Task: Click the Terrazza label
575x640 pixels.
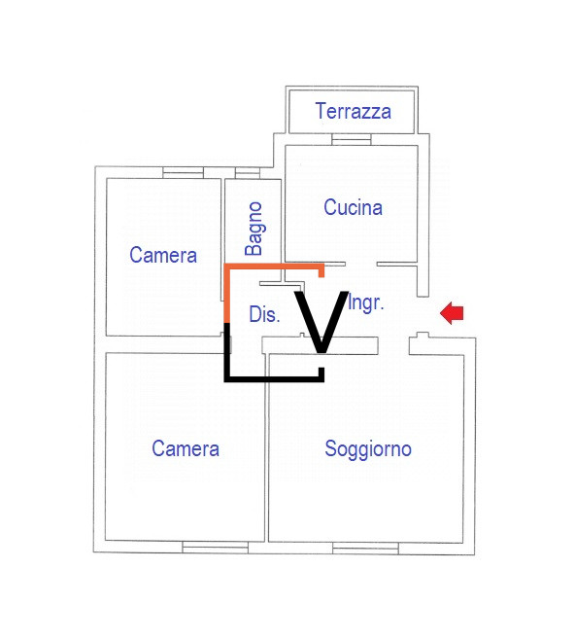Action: pos(354,111)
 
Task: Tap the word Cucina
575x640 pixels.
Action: pos(353,207)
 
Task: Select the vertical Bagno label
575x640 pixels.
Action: pos(254,229)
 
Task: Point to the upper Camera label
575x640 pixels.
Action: pos(163,255)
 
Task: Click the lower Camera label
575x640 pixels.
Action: pos(186,448)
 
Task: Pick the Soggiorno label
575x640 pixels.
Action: pos(368,449)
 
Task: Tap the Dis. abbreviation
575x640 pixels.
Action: pos(264,314)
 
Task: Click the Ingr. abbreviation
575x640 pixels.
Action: pos(366,303)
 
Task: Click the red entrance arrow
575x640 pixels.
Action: pos(452,313)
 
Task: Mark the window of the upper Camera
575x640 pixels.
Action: pos(183,173)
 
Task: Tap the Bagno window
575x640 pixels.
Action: pos(248,173)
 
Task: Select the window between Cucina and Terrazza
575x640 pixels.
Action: pos(352,140)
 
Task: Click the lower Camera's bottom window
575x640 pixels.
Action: pos(216,548)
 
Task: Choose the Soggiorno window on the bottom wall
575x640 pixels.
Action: pos(365,549)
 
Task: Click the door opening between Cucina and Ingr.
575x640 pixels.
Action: pos(361,265)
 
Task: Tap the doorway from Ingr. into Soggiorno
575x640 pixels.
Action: pos(393,346)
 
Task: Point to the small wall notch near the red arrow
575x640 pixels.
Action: pos(423,336)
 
